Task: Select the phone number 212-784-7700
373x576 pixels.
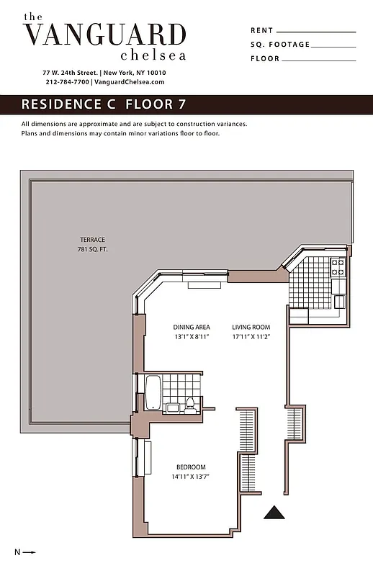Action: coord(68,82)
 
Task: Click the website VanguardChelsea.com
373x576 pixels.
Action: coord(130,82)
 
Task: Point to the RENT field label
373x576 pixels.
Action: coord(261,31)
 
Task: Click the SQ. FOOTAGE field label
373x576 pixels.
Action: coord(279,45)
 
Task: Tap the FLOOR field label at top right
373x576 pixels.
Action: coord(264,59)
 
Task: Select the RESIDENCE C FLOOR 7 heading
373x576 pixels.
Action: coord(104,104)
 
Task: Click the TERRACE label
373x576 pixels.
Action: coord(91,240)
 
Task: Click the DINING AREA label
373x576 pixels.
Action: coord(191,327)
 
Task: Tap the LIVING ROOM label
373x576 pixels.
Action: coord(251,327)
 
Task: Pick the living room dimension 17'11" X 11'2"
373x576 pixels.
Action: coord(251,336)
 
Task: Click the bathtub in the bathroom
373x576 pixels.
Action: coord(153,392)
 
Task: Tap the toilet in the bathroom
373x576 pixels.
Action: coord(190,406)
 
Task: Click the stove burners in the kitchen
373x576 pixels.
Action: coord(337,268)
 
